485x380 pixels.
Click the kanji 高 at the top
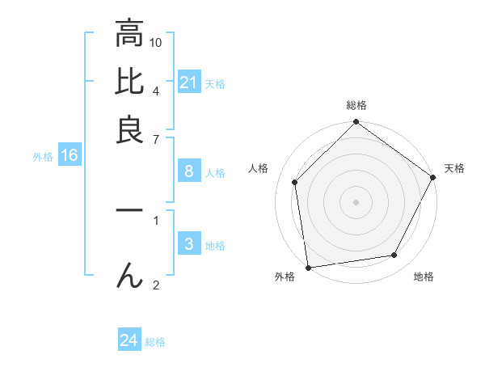click(x=129, y=33)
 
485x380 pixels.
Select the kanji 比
click(x=129, y=81)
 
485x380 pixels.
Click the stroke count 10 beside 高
click(x=156, y=41)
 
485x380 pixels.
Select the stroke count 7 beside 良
click(x=156, y=138)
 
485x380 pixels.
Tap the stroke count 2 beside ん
click(x=156, y=285)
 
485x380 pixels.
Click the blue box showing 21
click(x=189, y=82)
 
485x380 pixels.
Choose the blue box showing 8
click(x=189, y=171)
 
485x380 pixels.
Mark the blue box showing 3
click(x=189, y=244)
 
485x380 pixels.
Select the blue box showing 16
click(x=70, y=155)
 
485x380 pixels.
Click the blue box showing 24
click(x=129, y=341)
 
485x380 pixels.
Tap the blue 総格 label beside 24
click(x=155, y=342)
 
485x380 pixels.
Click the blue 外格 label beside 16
click(x=43, y=157)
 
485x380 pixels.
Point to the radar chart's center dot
click(x=356, y=201)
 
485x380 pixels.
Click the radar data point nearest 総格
click(x=356, y=123)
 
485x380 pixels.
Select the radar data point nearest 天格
click(x=433, y=177)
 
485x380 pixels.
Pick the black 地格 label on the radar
click(x=424, y=277)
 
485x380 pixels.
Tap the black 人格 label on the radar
click(x=259, y=168)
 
